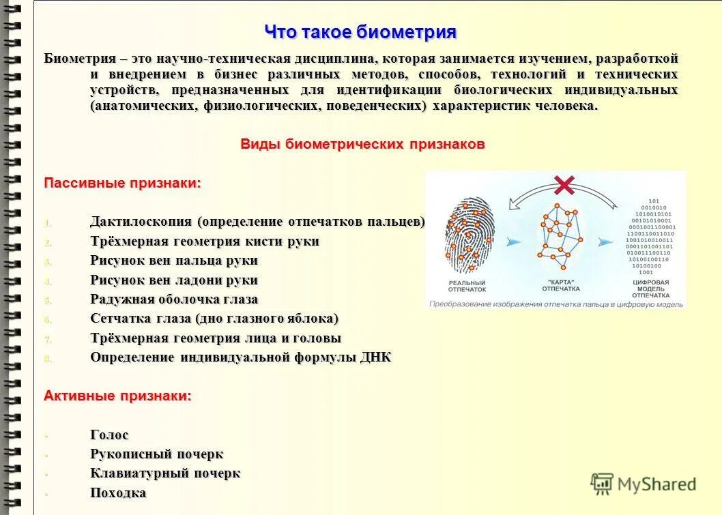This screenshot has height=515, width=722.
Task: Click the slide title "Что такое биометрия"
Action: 360,32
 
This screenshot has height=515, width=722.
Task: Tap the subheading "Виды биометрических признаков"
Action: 362,144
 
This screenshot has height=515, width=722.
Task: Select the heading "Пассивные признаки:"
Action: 123,183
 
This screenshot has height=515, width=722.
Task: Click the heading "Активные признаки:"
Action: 118,396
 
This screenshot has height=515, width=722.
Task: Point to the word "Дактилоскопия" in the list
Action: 141,222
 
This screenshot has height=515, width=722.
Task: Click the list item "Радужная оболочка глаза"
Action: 174,299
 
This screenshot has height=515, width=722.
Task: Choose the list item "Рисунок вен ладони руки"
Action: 174,280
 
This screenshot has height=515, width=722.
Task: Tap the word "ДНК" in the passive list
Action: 375,357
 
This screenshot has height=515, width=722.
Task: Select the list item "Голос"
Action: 109,435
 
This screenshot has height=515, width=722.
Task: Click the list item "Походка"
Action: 118,492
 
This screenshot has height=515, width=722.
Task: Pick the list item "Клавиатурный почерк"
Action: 165,473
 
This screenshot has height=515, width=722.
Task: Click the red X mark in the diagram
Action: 564,184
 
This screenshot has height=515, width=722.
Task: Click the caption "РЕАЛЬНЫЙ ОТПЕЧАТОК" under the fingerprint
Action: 467,286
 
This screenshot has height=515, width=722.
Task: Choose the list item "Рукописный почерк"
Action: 157,454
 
